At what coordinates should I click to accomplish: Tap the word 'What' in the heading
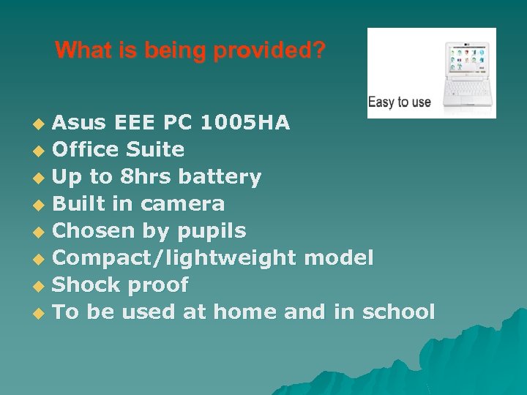click(x=78, y=50)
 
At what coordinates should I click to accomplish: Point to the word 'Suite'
click(x=155, y=149)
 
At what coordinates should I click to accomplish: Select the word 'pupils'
click(x=212, y=231)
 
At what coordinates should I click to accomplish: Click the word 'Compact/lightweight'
click(x=175, y=258)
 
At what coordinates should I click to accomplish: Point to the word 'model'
click(x=338, y=257)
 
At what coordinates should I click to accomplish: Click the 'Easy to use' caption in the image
click(x=399, y=102)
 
